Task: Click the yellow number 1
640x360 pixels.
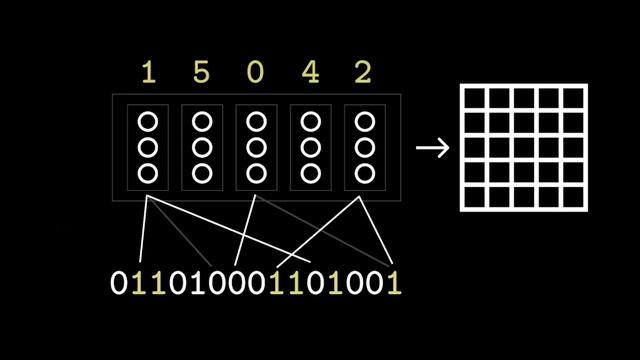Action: click(148, 73)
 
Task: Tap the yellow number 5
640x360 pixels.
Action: click(202, 73)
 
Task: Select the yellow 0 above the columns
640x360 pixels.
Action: click(256, 73)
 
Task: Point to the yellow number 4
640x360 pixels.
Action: click(310, 73)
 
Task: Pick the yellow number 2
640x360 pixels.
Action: click(364, 73)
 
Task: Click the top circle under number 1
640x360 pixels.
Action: click(148, 122)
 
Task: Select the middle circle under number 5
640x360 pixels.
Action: click(202, 148)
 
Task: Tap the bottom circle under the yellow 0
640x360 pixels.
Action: click(256, 173)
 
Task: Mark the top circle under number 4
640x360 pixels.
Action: click(310, 122)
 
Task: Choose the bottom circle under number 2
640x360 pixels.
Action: click(364, 173)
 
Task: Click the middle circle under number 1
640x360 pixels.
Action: click(148, 148)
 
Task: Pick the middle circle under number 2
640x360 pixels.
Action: click(364, 148)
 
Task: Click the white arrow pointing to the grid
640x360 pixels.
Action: click(432, 148)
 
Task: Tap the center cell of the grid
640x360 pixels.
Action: click(523, 148)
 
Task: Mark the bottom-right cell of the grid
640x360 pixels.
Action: click(573, 197)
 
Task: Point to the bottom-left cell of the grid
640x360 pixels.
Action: click(473, 197)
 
